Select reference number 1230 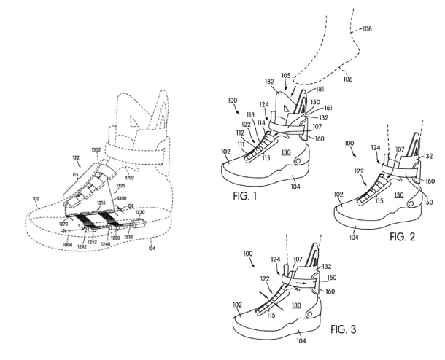(140, 212)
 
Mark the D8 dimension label (131, 207)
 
